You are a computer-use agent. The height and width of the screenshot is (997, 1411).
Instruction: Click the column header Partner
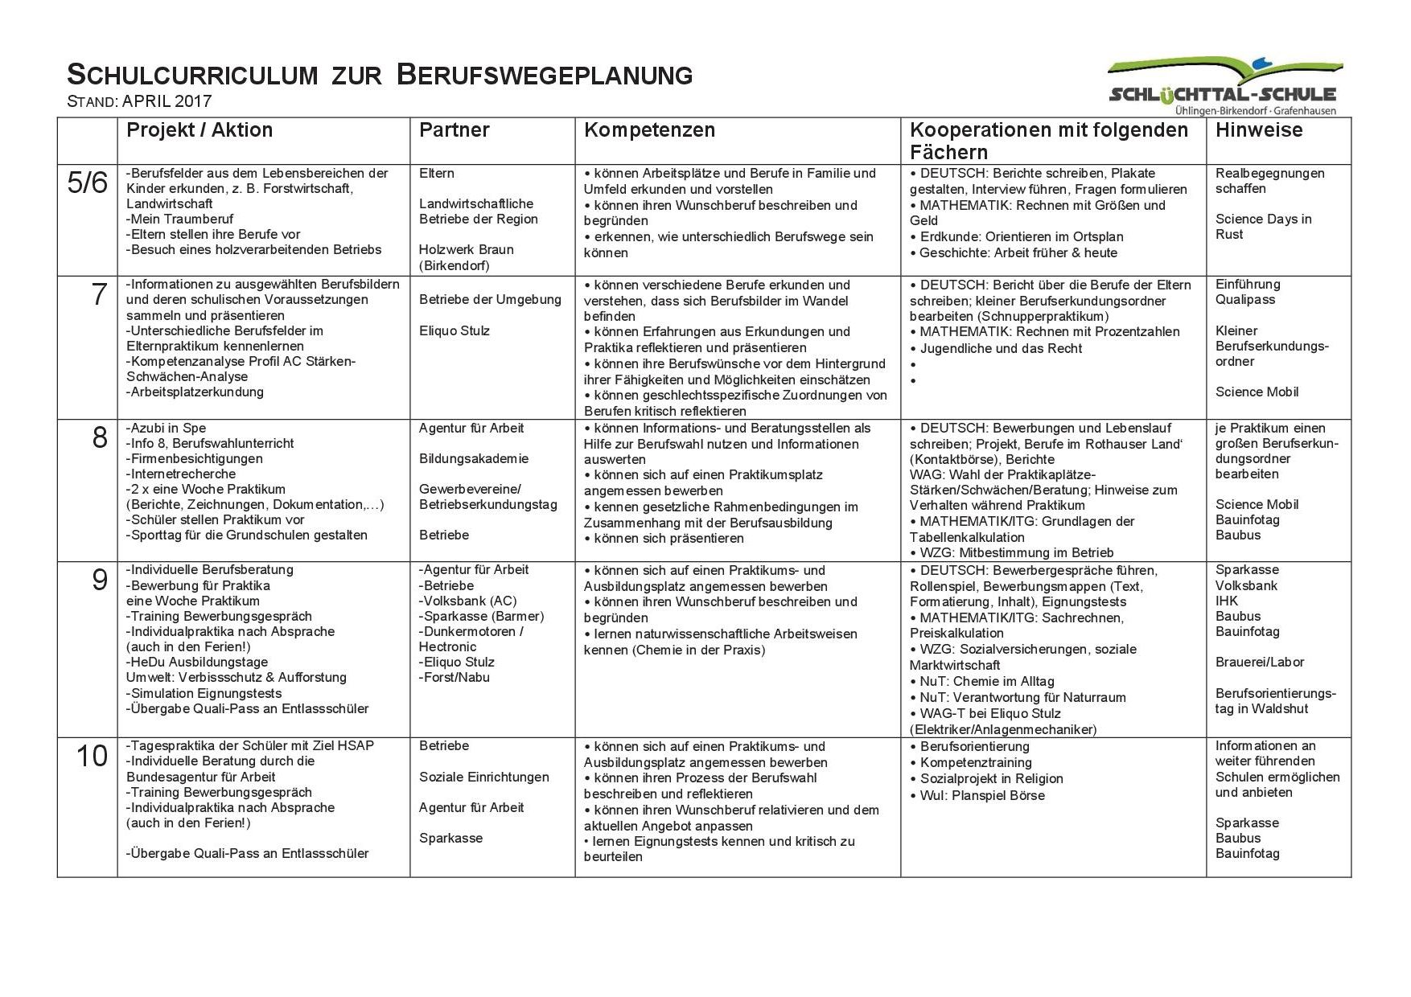[x=454, y=130]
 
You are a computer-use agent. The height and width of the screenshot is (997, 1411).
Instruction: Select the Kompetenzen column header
[x=649, y=130]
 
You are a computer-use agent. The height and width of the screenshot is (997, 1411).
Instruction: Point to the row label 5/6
[x=87, y=184]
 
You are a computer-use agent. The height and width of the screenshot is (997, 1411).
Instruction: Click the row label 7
[x=99, y=295]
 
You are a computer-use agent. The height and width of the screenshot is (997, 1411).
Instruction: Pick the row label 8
[x=99, y=438]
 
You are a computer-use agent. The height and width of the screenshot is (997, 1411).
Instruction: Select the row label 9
[x=99, y=580]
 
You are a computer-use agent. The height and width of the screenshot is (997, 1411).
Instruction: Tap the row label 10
[x=92, y=757]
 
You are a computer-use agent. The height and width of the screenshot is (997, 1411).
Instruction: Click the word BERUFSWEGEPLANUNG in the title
[x=545, y=76]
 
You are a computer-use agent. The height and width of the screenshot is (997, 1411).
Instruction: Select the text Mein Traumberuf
[x=179, y=219]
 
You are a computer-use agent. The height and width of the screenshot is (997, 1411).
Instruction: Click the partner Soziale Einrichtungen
[x=483, y=777]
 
